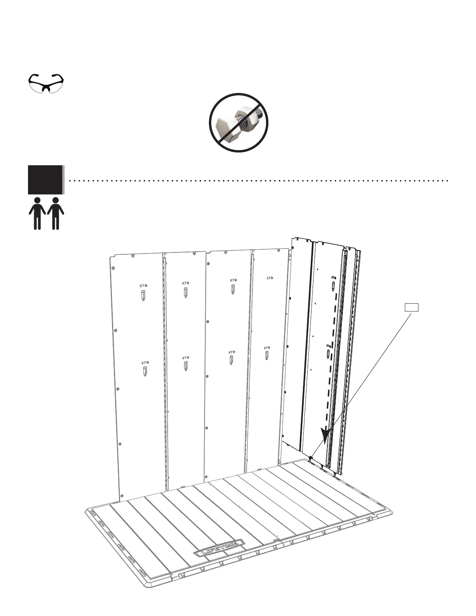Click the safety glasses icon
point(46,83)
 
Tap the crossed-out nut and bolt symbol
point(239,122)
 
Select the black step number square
point(45,179)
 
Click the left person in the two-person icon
point(37,213)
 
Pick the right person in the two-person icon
point(56,213)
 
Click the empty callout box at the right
point(411,307)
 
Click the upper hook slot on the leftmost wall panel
point(143,296)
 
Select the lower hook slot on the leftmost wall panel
point(145,371)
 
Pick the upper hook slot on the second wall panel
point(186,292)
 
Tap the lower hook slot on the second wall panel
point(186,366)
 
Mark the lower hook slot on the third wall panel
point(232,360)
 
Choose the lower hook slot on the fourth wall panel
point(267,355)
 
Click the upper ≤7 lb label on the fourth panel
point(269,278)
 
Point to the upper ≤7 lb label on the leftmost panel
point(143,286)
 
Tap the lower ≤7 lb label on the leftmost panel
point(145,362)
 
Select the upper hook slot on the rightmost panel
point(334,286)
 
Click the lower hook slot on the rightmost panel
point(329,354)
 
